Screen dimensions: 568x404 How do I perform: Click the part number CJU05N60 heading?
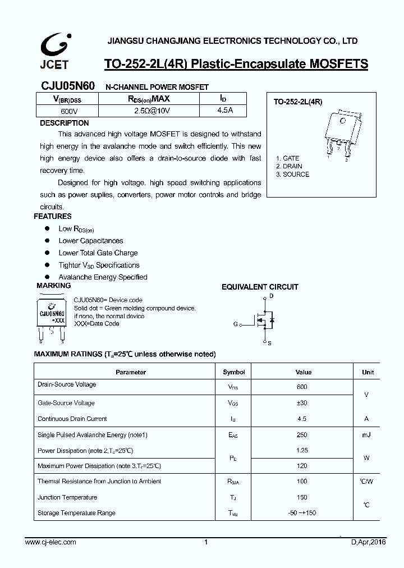click(63, 86)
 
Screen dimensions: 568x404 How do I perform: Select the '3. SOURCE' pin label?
click(292, 174)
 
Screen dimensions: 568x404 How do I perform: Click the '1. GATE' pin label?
click(287, 158)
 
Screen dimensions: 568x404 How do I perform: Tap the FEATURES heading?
click(53, 216)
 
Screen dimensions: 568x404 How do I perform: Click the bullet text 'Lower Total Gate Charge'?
click(98, 253)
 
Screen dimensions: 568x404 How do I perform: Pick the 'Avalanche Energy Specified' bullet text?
click(103, 277)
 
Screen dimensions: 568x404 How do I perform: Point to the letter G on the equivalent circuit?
click(236, 324)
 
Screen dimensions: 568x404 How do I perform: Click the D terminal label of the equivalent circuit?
click(271, 296)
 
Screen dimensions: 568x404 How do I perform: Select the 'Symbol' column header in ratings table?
click(234, 372)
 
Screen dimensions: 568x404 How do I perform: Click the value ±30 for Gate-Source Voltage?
click(301, 403)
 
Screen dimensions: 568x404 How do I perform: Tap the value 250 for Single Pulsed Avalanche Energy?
click(301, 435)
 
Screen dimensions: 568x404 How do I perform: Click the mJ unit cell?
click(366, 435)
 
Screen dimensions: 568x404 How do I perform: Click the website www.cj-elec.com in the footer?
click(51, 542)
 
